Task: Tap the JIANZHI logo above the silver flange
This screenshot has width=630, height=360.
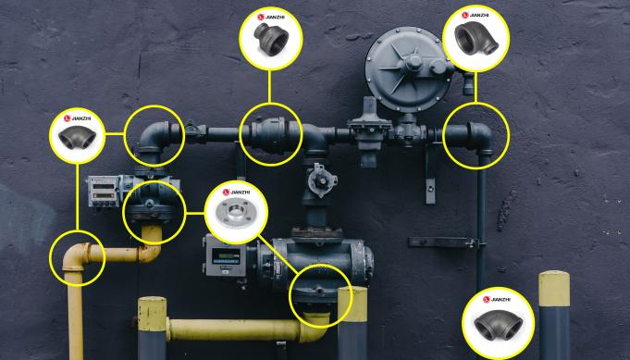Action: [228, 193]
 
